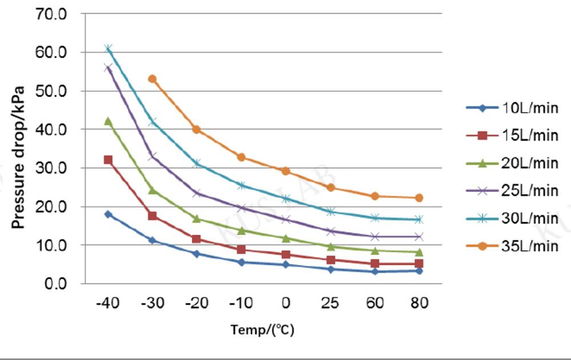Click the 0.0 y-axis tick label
(x=55, y=283)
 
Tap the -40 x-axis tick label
(x=107, y=303)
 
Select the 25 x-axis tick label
(x=330, y=303)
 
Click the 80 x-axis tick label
(x=419, y=303)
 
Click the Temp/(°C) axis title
(x=262, y=330)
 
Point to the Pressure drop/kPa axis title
(x=18, y=157)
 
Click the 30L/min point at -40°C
(x=108, y=49)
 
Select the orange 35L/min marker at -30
(x=152, y=79)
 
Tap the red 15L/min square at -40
(x=108, y=160)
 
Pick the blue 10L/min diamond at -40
(x=108, y=214)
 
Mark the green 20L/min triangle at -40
(x=108, y=121)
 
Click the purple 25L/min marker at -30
(x=152, y=156)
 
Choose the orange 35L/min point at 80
(x=419, y=198)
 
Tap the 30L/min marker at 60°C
(x=375, y=218)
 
